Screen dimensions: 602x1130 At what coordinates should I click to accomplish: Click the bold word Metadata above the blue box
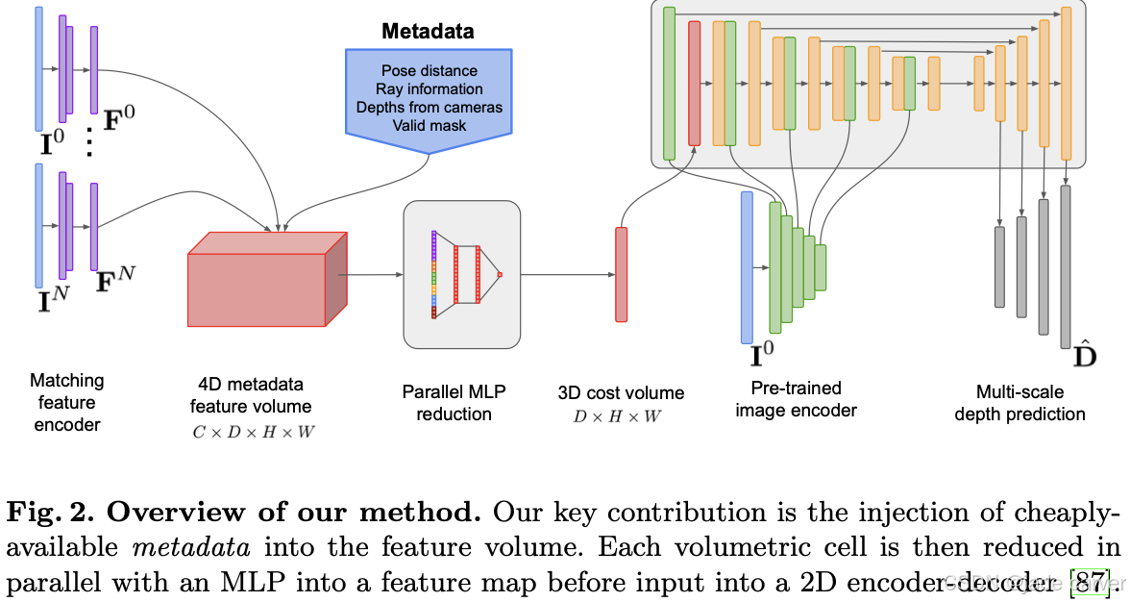click(428, 31)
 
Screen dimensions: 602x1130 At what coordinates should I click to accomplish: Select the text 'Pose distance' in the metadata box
click(430, 71)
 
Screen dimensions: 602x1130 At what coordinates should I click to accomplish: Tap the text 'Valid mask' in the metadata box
click(430, 125)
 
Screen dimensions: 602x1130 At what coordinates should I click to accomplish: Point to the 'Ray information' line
click(430, 89)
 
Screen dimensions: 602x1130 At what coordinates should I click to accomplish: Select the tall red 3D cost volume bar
click(621, 274)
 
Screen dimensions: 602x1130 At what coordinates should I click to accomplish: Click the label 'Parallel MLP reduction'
click(454, 403)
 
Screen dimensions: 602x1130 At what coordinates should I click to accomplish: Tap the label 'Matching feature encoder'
click(67, 402)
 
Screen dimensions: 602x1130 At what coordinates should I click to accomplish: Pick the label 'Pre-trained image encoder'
click(796, 399)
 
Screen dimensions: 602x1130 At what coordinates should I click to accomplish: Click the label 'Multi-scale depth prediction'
click(1019, 403)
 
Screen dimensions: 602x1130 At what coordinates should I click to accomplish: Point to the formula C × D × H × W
click(254, 432)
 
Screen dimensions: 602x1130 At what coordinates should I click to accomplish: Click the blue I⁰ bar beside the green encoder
click(747, 267)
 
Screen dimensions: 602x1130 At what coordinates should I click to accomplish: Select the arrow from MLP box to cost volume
click(567, 274)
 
